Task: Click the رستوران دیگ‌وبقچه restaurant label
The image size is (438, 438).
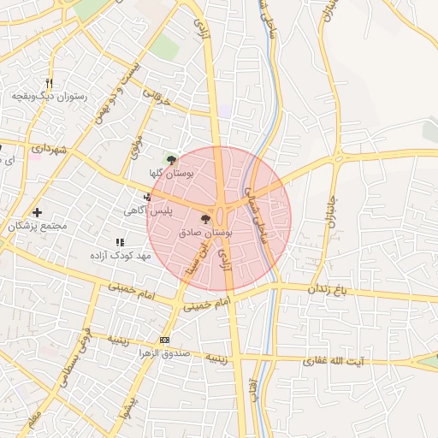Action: (x=49, y=98)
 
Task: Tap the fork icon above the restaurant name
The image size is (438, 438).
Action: (x=49, y=84)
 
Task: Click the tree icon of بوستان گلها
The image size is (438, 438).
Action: (x=171, y=160)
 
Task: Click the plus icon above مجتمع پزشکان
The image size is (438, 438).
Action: (x=37, y=212)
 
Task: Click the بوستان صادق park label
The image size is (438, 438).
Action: (x=207, y=232)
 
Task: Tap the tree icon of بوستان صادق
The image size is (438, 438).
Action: (x=204, y=219)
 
